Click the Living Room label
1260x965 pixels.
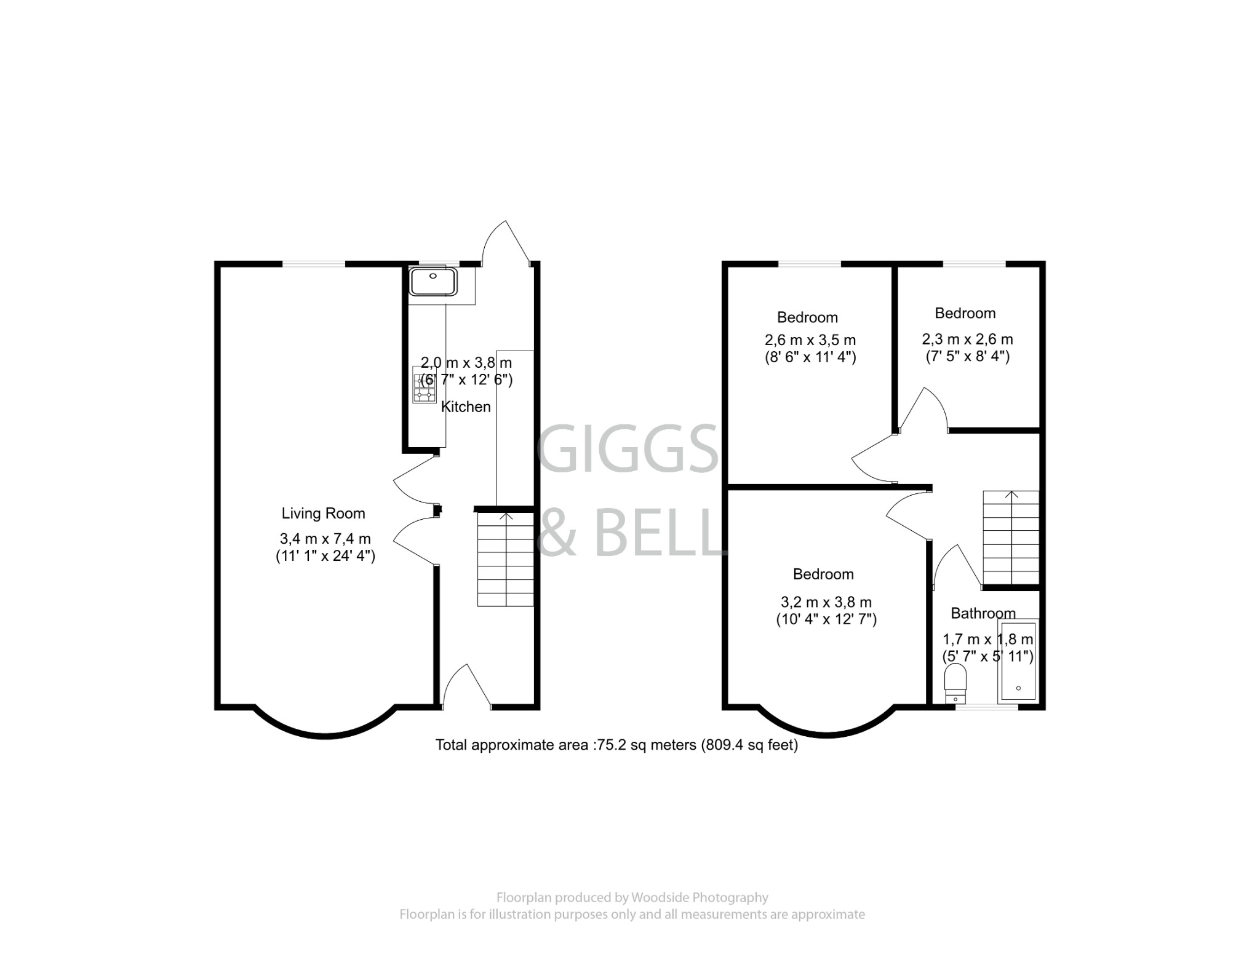coord(323,514)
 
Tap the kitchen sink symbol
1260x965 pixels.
coord(433,282)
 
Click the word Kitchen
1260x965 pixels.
coord(466,407)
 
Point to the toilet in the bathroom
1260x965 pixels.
coord(955,682)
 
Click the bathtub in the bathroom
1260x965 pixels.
coord(1018,661)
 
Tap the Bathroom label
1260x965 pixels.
coord(983,613)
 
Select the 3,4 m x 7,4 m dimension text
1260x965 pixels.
coord(325,539)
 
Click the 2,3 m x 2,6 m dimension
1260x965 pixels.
coord(967,339)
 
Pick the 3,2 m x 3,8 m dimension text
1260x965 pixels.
coord(826,602)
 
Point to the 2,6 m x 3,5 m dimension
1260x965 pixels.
coord(810,340)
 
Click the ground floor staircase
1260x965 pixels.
coord(506,560)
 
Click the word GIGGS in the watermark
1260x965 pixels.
coord(628,449)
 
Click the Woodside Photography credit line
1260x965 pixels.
coord(632,897)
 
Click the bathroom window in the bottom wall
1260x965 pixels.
coord(986,707)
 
